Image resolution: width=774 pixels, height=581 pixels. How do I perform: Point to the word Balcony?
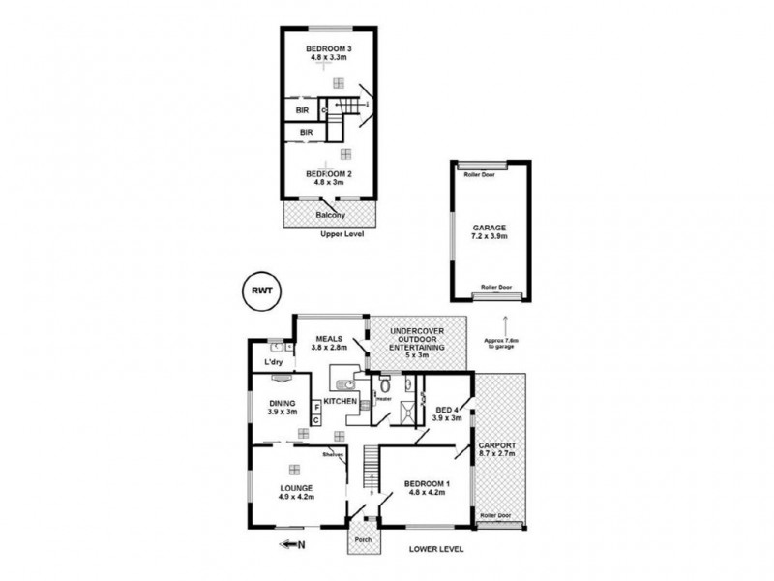tap(331, 215)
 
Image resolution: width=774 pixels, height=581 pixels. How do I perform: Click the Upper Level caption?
tap(342, 235)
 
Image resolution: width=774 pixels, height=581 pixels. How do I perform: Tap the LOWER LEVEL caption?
tap(436, 548)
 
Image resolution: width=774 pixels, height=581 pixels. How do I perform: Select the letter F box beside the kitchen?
tap(316, 408)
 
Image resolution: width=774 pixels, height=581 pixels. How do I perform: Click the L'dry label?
tap(273, 363)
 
